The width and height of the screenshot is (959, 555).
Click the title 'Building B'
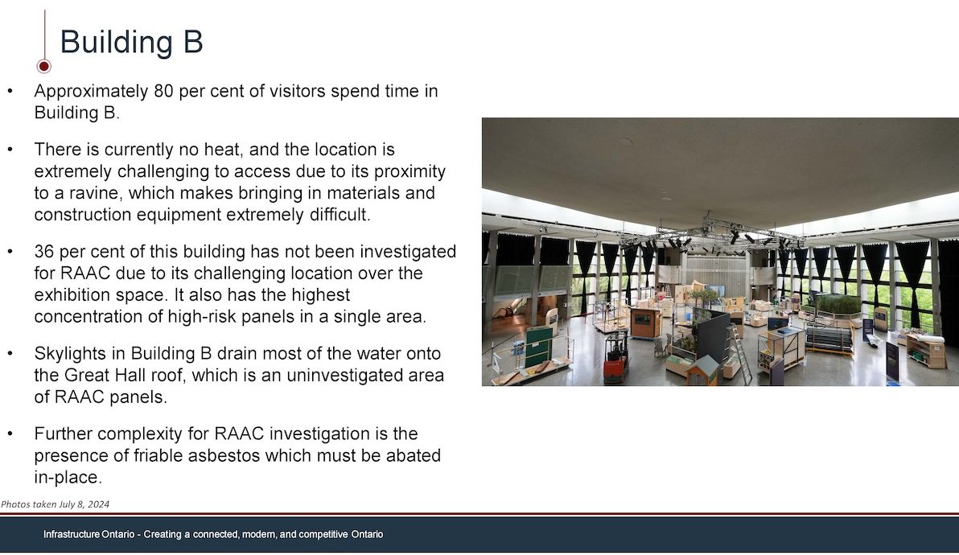131,42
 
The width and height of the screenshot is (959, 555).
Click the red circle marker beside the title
43,65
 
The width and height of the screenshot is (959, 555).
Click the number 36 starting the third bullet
44,252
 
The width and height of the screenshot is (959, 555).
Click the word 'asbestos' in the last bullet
226,456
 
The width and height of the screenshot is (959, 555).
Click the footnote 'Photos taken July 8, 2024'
55,504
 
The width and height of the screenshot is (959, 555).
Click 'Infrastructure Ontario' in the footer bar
88,534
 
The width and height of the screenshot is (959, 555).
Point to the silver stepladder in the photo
738,356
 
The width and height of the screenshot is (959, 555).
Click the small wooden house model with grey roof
703,370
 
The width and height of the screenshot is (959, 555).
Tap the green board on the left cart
539,346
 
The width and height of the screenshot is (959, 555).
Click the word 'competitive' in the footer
323,534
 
